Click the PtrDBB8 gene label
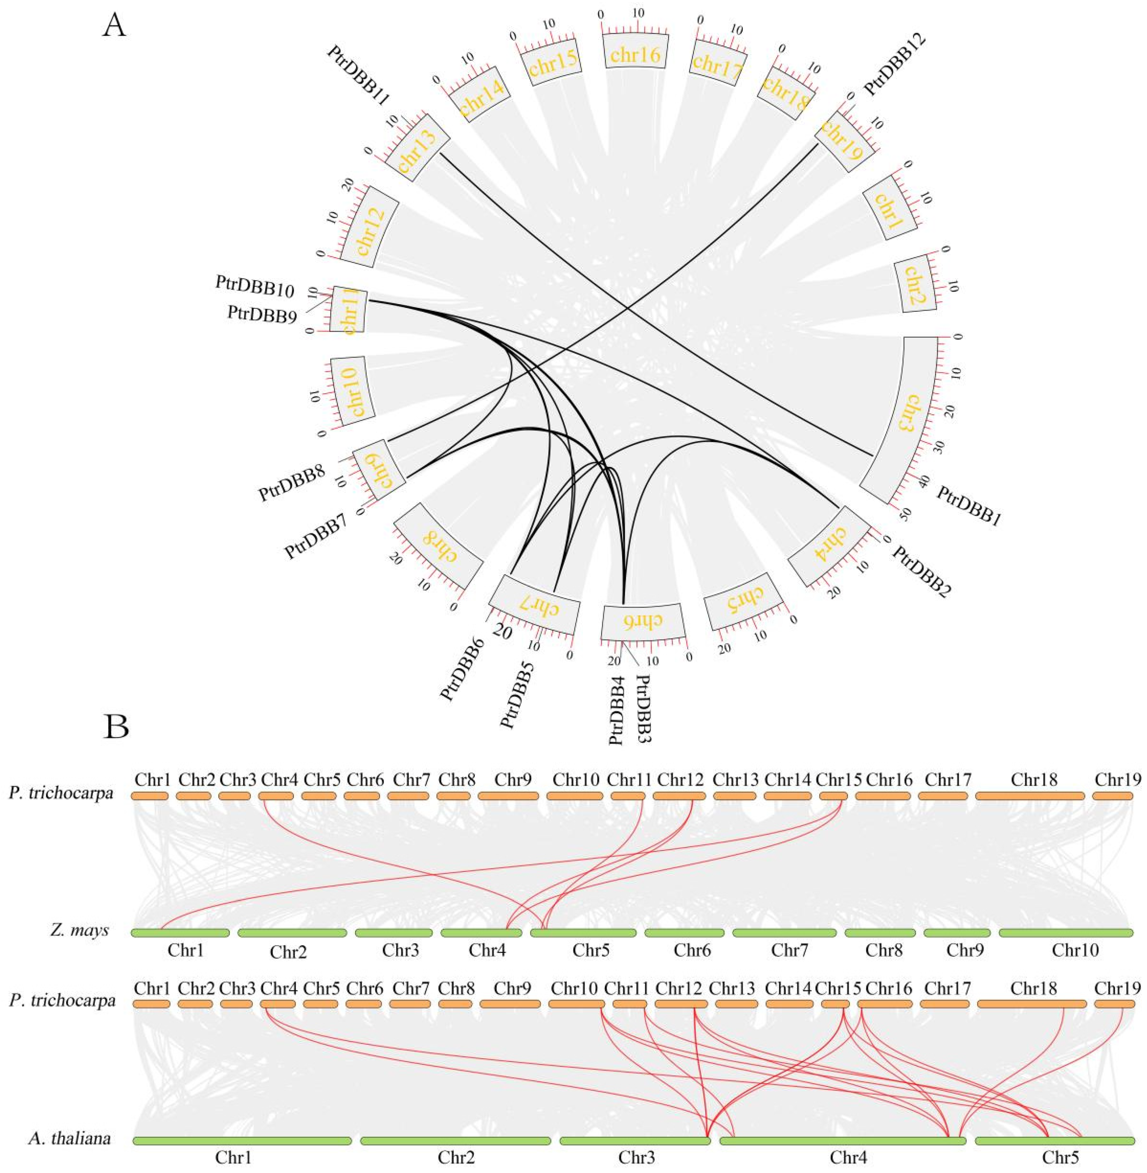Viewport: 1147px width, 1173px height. [292, 482]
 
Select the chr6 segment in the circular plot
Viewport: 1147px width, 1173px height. [643, 621]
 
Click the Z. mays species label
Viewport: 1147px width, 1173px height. [80, 947]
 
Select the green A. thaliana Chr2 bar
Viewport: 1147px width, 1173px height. [455, 1141]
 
